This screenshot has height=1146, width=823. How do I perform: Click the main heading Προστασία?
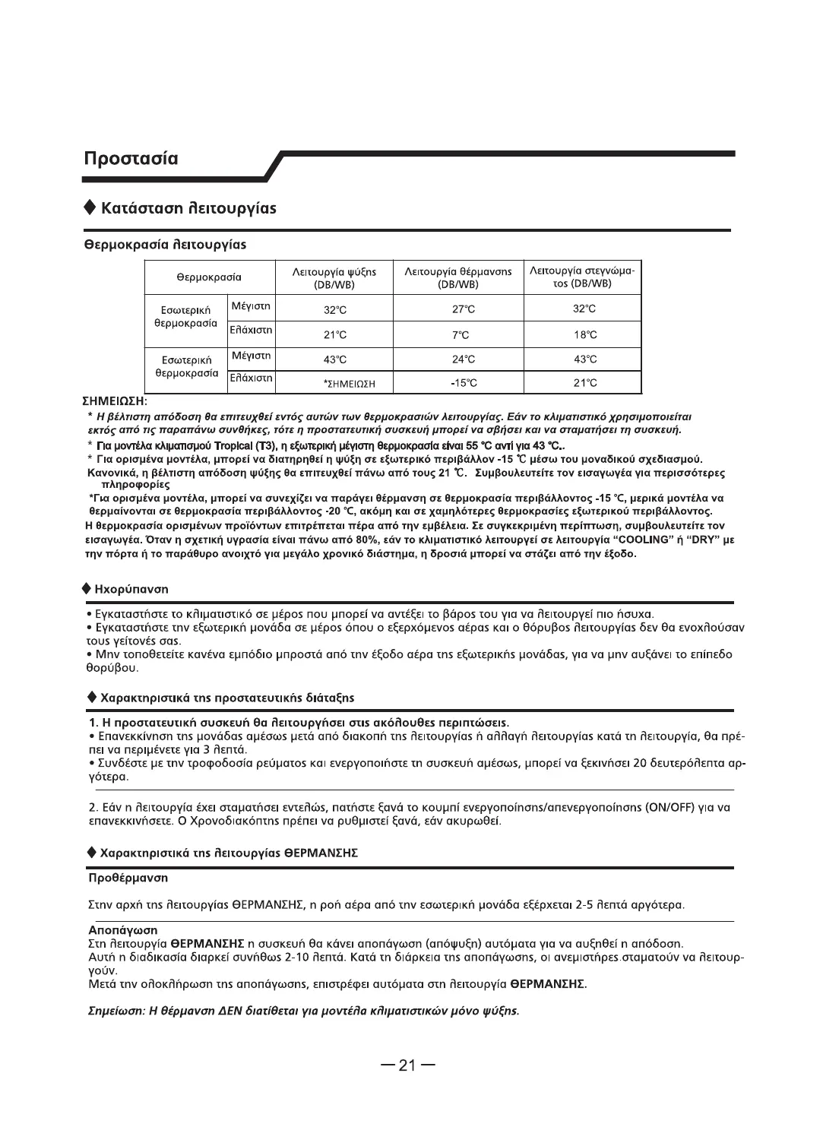click(131, 159)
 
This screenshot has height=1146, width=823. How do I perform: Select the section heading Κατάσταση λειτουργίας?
click(188, 207)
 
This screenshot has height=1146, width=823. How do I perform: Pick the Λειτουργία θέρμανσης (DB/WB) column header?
click(457, 277)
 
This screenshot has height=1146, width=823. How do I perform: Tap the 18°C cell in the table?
click(585, 334)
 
